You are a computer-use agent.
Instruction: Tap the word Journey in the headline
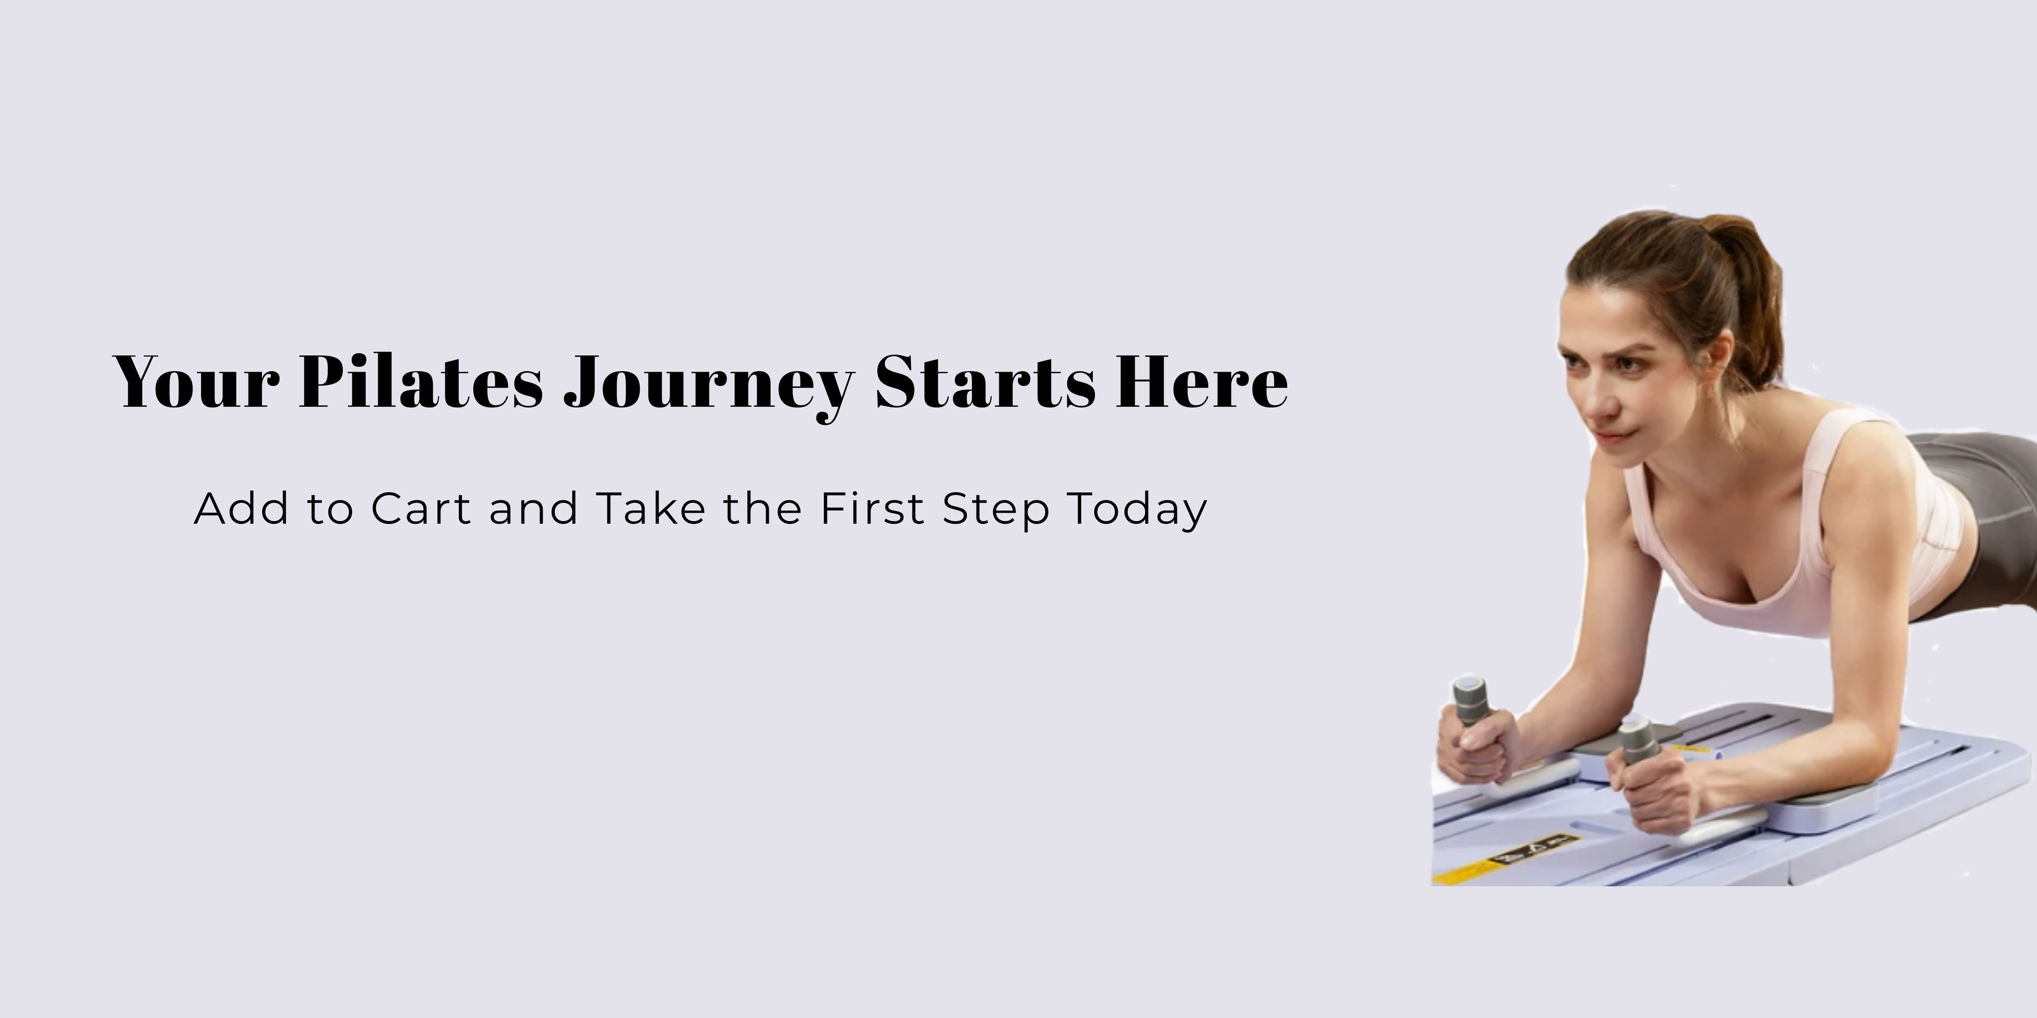pyautogui.click(x=709, y=387)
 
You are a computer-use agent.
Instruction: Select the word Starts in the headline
pyautogui.click(x=985, y=382)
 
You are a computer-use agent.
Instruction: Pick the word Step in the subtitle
pyautogui.click(x=996, y=511)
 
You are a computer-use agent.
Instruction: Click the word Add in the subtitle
pyautogui.click(x=241, y=508)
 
